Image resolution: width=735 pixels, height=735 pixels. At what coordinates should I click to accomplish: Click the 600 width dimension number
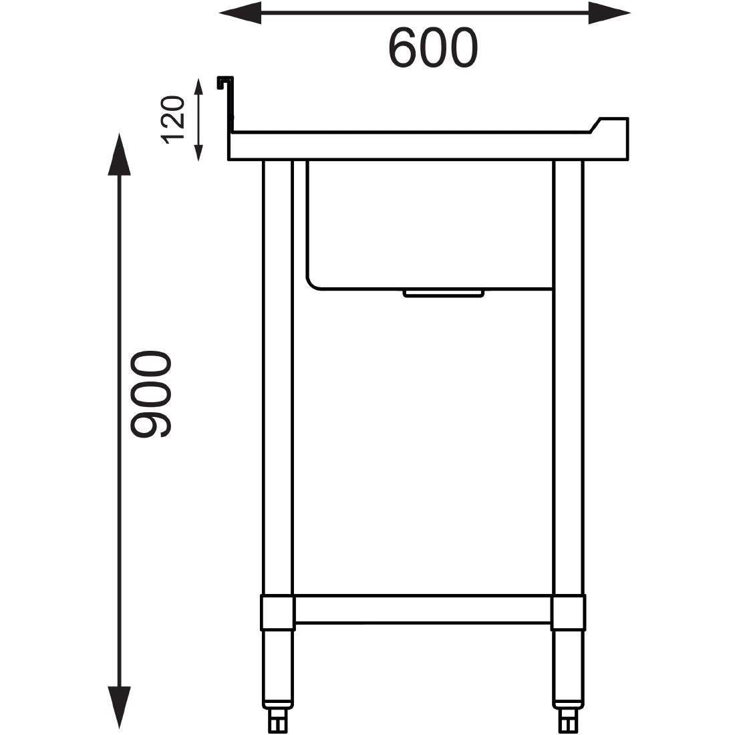point(433,48)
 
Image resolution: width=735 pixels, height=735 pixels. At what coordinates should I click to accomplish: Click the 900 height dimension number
point(151,395)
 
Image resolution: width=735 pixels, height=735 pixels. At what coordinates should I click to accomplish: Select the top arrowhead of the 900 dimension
point(120,154)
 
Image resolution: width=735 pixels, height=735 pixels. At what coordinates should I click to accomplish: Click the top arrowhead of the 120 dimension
point(198,88)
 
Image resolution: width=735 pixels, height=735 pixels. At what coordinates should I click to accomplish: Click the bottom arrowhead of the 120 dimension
point(198,152)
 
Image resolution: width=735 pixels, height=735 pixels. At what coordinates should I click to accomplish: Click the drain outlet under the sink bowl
point(443,293)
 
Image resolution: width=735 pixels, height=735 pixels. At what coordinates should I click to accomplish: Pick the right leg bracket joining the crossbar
point(569,613)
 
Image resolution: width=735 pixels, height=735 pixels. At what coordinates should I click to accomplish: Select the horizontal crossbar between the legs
point(422,609)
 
